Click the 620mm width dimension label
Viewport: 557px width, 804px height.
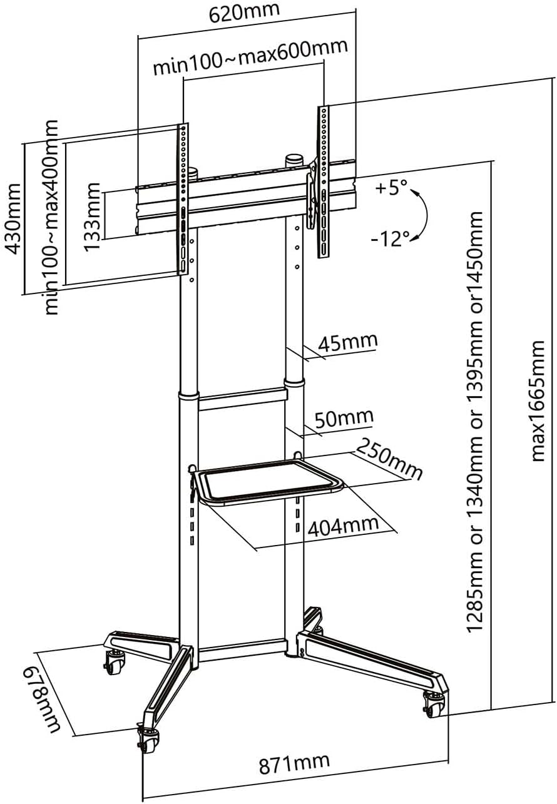coord(245,12)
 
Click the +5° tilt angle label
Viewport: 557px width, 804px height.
coord(392,187)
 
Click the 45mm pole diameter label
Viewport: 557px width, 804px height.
coord(348,343)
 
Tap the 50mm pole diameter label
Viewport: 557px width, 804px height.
coord(344,417)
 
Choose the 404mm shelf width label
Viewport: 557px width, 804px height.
coord(343,524)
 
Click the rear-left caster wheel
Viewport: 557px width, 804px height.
coord(115,663)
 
